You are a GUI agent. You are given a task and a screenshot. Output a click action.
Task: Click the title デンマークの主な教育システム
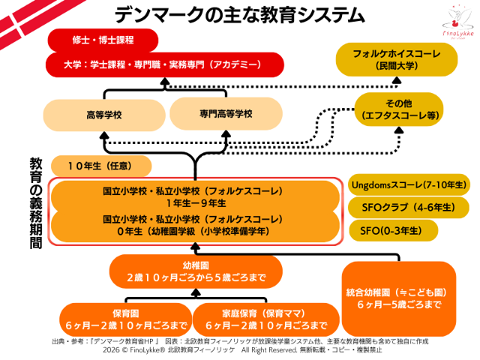(239, 14)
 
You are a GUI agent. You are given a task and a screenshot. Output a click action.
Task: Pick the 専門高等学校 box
(226, 113)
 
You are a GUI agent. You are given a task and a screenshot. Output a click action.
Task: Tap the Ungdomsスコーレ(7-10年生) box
(409, 184)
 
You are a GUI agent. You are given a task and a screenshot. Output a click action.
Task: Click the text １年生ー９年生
(193, 203)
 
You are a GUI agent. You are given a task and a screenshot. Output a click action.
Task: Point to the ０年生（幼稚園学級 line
(193, 231)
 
